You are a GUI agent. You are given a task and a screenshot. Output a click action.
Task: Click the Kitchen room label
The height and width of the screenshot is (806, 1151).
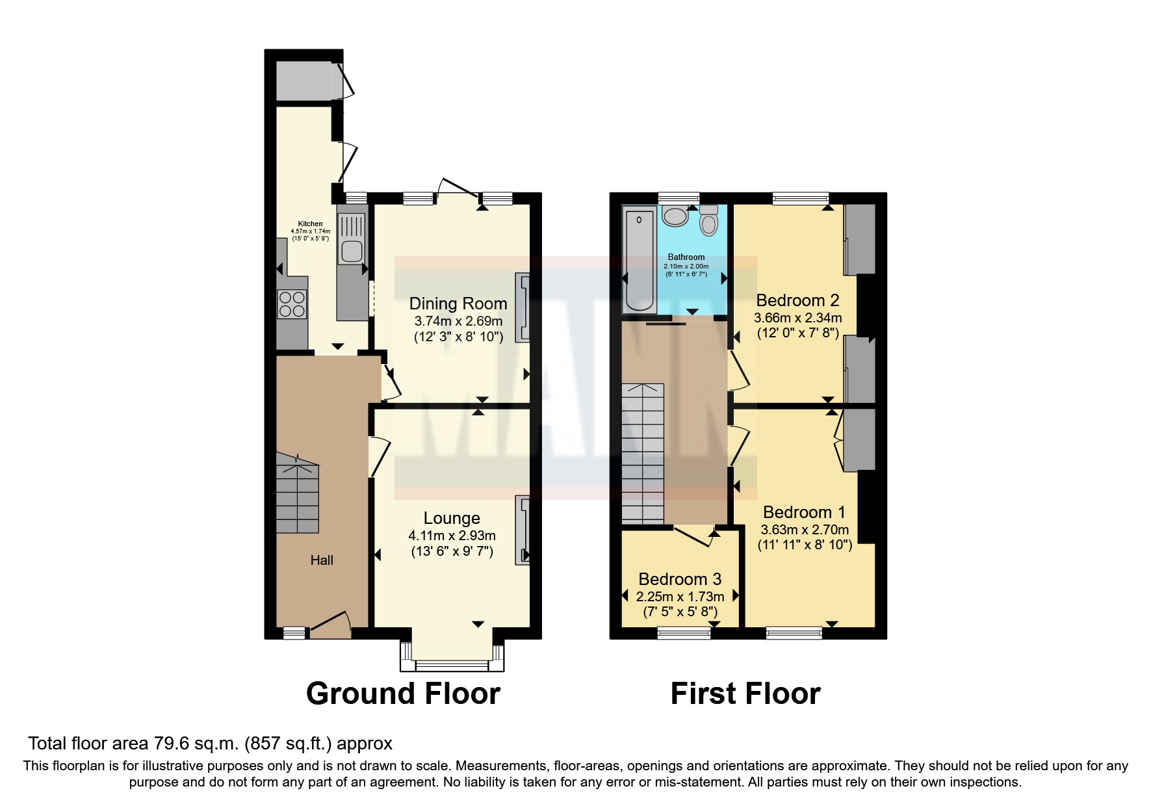click(x=310, y=224)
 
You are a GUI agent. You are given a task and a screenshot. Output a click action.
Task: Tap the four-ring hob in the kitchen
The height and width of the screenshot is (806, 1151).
click(x=292, y=304)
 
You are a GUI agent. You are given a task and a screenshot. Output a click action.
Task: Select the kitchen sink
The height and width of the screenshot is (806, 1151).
click(x=352, y=251)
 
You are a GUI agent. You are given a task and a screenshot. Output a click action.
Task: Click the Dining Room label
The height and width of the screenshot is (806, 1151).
click(x=458, y=304)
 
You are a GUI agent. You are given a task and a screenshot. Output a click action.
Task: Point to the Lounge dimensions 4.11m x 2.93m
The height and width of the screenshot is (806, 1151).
click(x=452, y=536)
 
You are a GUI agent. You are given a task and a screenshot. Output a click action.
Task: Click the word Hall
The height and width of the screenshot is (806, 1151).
click(x=322, y=560)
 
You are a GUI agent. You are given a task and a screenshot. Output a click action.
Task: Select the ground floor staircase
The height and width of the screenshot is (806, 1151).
click(x=298, y=494)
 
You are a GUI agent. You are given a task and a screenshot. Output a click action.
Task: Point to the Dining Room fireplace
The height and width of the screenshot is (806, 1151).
click(x=523, y=307)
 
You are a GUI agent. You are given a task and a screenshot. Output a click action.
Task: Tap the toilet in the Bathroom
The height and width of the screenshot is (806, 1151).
click(x=708, y=221)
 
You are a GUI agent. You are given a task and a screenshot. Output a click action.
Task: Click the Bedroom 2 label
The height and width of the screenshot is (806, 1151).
click(x=797, y=300)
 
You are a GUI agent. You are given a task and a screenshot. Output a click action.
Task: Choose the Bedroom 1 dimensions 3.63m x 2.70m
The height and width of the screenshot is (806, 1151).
click(x=805, y=530)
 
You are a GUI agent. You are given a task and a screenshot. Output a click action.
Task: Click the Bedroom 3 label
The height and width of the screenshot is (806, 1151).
click(x=680, y=579)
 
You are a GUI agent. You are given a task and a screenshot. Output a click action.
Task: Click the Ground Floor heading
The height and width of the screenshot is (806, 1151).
click(x=403, y=694)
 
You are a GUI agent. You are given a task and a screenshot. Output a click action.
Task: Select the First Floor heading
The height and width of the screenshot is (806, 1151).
click(x=745, y=694)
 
